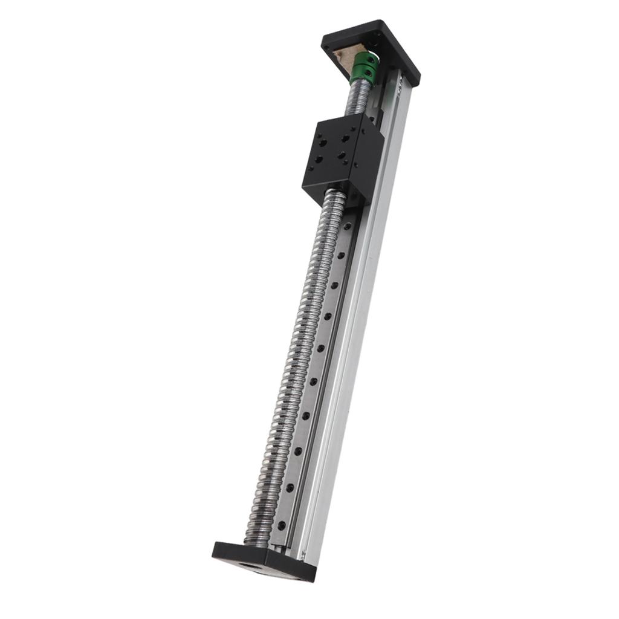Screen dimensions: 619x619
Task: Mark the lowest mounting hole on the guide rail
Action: point(282,526)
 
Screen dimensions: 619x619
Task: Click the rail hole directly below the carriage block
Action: point(348,225)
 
